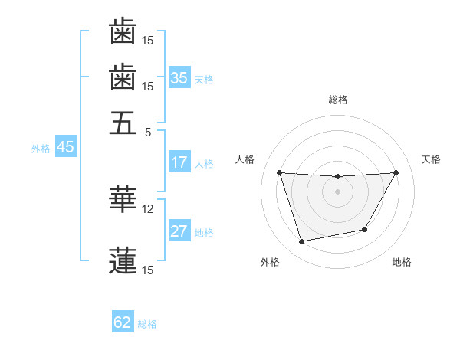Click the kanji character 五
(x=123, y=123)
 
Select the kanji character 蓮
(x=123, y=260)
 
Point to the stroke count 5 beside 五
(x=148, y=132)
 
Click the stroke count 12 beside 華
(x=148, y=208)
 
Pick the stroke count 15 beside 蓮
(x=148, y=270)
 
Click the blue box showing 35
(x=179, y=78)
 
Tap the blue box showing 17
(x=179, y=163)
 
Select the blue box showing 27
(x=179, y=232)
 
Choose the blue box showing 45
(x=65, y=148)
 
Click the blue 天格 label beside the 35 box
(x=204, y=79)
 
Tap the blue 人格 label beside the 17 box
(x=204, y=164)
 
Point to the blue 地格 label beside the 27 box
(x=204, y=233)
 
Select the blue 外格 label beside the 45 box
(x=41, y=149)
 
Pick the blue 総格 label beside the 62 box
(x=147, y=324)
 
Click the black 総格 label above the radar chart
(x=338, y=100)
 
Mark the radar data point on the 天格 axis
(x=396, y=172)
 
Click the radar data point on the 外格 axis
(x=301, y=242)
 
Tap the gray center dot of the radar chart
(x=338, y=191)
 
